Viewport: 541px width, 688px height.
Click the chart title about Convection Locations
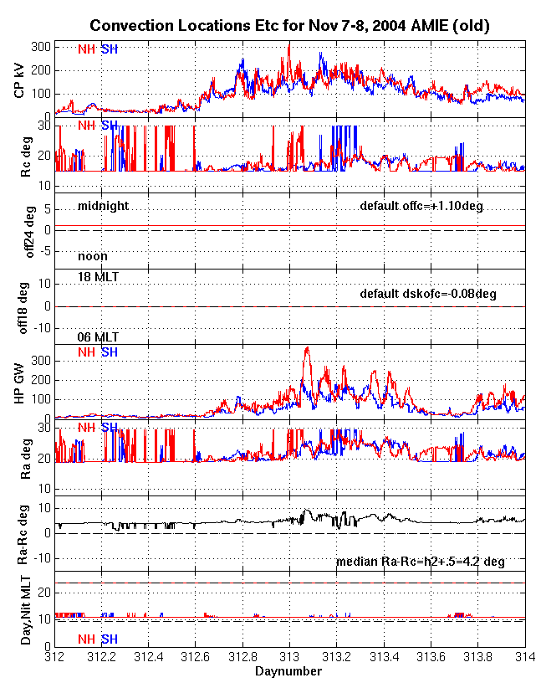pyautogui.click(x=289, y=25)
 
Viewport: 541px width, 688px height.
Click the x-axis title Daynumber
pyautogui.click(x=288, y=671)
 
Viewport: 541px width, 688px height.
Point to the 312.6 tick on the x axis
pyautogui.click(x=195, y=657)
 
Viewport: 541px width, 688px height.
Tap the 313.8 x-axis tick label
pyautogui.click(x=477, y=657)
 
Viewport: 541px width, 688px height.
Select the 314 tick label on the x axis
pyautogui.click(x=525, y=657)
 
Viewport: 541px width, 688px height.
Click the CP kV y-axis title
pyautogui.click(x=19, y=80)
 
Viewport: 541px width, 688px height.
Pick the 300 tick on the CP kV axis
pyautogui.click(x=41, y=47)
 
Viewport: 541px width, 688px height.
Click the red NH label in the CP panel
pyautogui.click(x=86, y=49)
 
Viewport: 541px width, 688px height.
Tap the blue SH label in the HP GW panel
pyautogui.click(x=110, y=352)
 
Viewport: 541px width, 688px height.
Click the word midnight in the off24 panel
pyautogui.click(x=104, y=206)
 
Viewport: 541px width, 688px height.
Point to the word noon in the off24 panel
pyautogui.click(x=93, y=256)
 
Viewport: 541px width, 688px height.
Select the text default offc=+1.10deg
pyautogui.click(x=421, y=206)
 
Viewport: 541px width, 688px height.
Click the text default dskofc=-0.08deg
pyautogui.click(x=428, y=294)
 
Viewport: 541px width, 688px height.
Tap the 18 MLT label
pyautogui.click(x=98, y=277)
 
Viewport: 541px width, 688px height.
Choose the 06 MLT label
pyautogui.click(x=98, y=337)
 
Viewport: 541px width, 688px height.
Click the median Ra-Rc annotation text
pyautogui.click(x=421, y=562)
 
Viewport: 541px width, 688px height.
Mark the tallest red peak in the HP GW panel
pyautogui.click(x=308, y=347)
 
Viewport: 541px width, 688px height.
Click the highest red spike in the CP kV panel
pyautogui.click(x=289, y=45)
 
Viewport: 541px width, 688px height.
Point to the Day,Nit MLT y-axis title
pyautogui.click(x=26, y=610)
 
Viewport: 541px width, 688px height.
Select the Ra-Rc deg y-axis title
pyautogui.click(x=23, y=535)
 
